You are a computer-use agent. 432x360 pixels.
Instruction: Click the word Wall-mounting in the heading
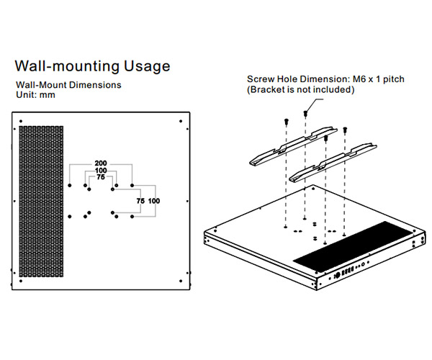point(64,66)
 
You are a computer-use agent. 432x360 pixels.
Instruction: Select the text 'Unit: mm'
point(35,95)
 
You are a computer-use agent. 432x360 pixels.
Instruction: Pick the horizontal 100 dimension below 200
point(102,170)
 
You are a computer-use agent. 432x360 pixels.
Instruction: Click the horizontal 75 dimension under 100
point(101,177)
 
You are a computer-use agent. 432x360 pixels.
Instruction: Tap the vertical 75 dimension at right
point(140,201)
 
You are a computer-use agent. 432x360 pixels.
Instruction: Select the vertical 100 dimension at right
point(153,201)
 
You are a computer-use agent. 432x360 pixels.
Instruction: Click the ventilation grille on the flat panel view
point(42,202)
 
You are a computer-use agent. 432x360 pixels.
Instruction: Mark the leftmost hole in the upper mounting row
point(69,186)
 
